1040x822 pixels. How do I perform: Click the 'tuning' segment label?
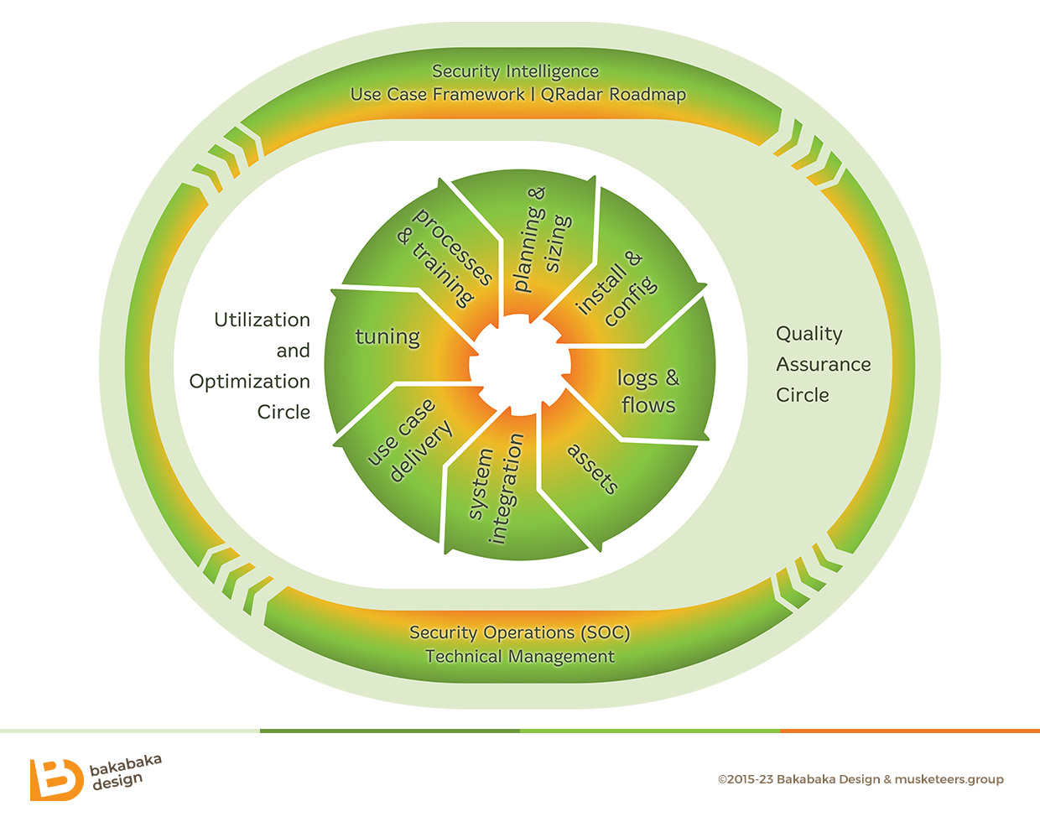(x=387, y=337)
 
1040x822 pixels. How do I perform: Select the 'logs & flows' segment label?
(x=647, y=391)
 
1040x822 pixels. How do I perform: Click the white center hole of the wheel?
(x=518, y=367)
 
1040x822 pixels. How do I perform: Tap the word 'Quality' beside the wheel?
(x=809, y=334)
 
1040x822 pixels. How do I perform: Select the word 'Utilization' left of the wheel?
(x=262, y=320)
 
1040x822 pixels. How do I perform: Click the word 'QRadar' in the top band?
(x=572, y=94)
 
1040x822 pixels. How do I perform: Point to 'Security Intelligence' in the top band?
(x=515, y=71)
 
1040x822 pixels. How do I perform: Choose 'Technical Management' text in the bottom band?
(x=520, y=657)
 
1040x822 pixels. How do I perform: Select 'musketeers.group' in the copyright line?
(x=949, y=779)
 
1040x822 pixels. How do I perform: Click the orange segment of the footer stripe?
(x=909, y=731)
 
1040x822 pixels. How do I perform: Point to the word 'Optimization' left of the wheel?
(x=249, y=382)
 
